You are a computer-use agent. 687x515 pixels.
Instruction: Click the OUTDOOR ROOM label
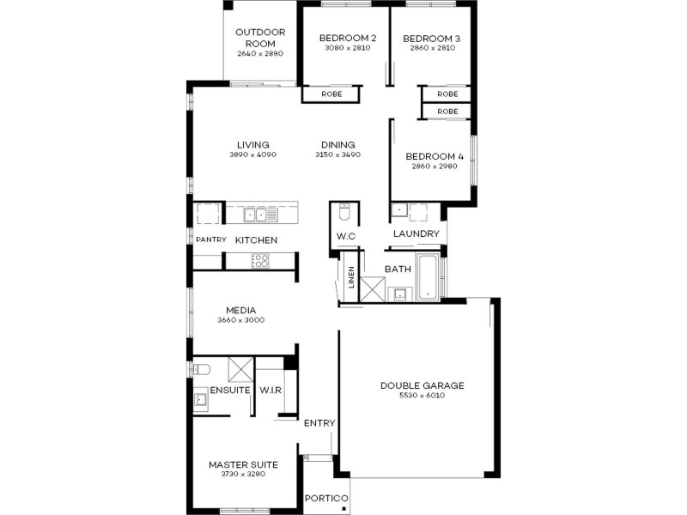pyautogui.click(x=260, y=38)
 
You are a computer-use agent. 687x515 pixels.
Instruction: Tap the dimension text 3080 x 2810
pyautogui.click(x=348, y=49)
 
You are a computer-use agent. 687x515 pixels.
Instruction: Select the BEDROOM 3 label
pyautogui.click(x=431, y=38)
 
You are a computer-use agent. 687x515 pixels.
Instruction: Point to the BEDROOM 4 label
pyautogui.click(x=434, y=156)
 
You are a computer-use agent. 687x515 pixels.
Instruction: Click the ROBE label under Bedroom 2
pyautogui.click(x=332, y=94)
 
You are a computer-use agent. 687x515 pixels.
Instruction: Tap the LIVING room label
pyautogui.click(x=253, y=144)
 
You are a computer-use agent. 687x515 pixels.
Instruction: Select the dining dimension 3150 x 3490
pyautogui.click(x=337, y=155)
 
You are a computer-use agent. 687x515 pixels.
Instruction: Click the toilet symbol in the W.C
pyautogui.click(x=344, y=211)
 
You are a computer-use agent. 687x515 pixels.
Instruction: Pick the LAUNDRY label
pyautogui.click(x=416, y=233)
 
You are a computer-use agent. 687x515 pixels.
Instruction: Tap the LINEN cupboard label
pyautogui.click(x=350, y=279)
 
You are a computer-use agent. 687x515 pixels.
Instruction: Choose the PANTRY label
pyautogui.click(x=210, y=239)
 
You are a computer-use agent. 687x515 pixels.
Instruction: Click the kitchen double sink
pyautogui.click(x=255, y=214)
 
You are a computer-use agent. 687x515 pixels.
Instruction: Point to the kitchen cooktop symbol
pyautogui.click(x=260, y=262)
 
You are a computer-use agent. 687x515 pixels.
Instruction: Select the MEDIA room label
pyautogui.click(x=241, y=310)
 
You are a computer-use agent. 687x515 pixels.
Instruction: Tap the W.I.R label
pyautogui.click(x=271, y=391)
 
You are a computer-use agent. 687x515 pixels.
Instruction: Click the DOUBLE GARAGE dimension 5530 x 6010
pyautogui.click(x=422, y=397)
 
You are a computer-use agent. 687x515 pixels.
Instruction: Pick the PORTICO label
pyautogui.click(x=326, y=499)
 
